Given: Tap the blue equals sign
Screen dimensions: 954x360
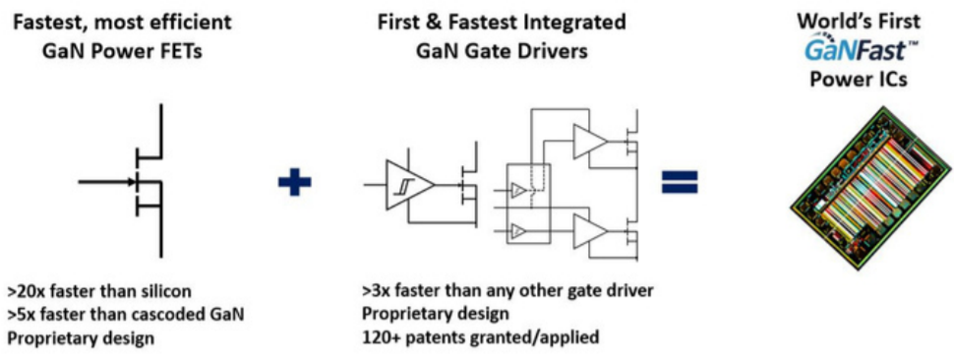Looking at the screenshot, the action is [679, 181].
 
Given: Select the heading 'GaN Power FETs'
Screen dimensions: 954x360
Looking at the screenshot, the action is [119, 51].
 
